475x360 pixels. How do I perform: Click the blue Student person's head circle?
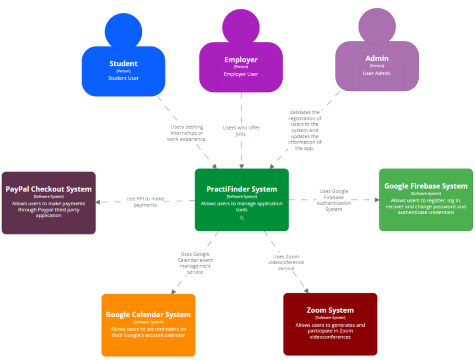click(x=123, y=31)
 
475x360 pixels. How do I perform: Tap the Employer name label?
click(x=241, y=59)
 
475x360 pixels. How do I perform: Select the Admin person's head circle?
click(x=377, y=27)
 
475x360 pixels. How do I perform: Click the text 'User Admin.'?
click(x=377, y=73)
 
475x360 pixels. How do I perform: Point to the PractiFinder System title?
click(x=242, y=189)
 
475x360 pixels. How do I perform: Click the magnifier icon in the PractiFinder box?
click(x=242, y=218)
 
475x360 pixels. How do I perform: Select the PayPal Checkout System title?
click(x=49, y=189)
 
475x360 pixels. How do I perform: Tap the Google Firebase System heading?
click(x=425, y=186)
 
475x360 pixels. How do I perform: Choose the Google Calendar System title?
click(x=148, y=315)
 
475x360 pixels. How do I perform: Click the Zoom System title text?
click(x=330, y=310)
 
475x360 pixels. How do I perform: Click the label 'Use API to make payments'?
click(x=145, y=202)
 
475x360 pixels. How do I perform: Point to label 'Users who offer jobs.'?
click(x=241, y=130)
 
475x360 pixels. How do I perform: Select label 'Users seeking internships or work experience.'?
click(x=187, y=133)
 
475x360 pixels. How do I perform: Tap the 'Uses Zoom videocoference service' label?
click(x=286, y=262)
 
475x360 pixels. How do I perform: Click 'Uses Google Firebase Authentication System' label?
click(x=334, y=200)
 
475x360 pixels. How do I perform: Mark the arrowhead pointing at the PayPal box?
click(x=98, y=202)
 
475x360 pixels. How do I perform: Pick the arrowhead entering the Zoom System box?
click(x=306, y=290)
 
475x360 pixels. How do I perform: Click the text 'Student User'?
click(x=123, y=78)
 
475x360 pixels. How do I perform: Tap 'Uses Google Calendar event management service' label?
click(x=195, y=263)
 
